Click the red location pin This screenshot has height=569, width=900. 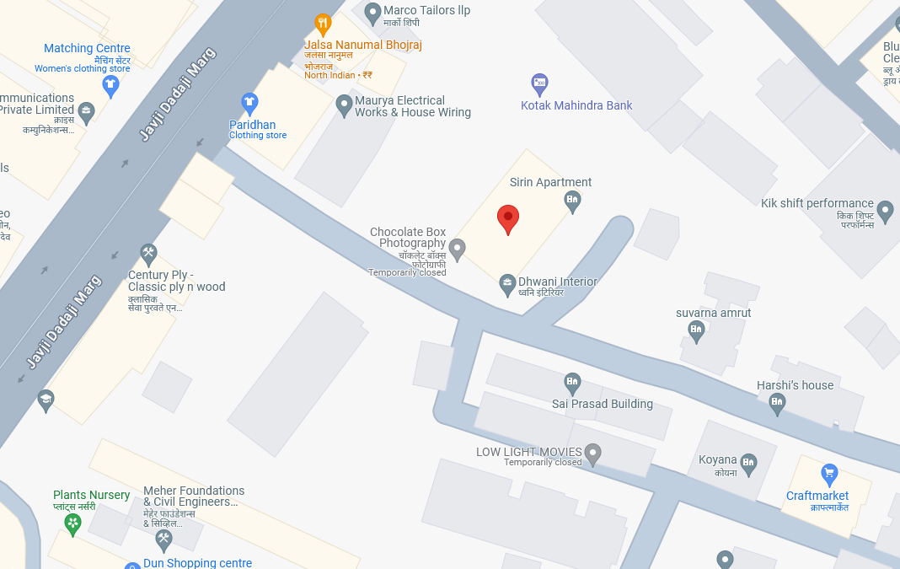tap(507, 218)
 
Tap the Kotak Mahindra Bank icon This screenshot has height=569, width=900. tap(539, 83)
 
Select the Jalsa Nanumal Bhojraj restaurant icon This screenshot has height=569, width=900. tap(322, 24)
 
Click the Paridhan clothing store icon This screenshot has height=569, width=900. tap(249, 104)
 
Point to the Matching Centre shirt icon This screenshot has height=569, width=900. tap(110, 84)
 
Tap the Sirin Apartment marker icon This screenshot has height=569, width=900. tap(572, 201)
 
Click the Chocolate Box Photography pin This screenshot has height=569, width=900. tap(457, 249)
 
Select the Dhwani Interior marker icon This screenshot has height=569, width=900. tap(507, 284)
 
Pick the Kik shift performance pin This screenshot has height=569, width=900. tap(885, 210)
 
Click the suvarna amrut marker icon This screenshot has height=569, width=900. tap(696, 330)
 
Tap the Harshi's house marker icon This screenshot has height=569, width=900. tap(777, 404)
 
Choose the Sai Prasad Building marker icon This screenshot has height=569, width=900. tap(572, 384)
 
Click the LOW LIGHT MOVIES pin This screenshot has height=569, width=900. tap(592, 454)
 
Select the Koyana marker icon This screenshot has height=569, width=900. tap(748, 462)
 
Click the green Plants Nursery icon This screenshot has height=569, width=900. tap(73, 523)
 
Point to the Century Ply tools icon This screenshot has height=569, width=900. tap(149, 253)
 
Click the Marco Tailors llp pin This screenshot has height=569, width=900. tap(372, 13)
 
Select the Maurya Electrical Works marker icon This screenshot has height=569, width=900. tap(344, 105)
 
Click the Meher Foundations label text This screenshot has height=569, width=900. tap(194, 497)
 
